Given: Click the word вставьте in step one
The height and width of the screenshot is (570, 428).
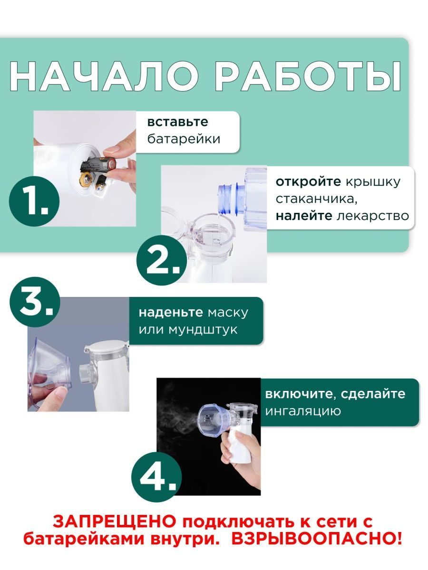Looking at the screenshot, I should coord(177,122).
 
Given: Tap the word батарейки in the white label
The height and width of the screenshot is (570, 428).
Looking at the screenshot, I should coord(184,139).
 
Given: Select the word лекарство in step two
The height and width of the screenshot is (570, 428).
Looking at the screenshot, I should coord(372,216).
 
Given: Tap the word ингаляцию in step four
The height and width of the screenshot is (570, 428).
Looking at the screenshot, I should coord(303,411).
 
